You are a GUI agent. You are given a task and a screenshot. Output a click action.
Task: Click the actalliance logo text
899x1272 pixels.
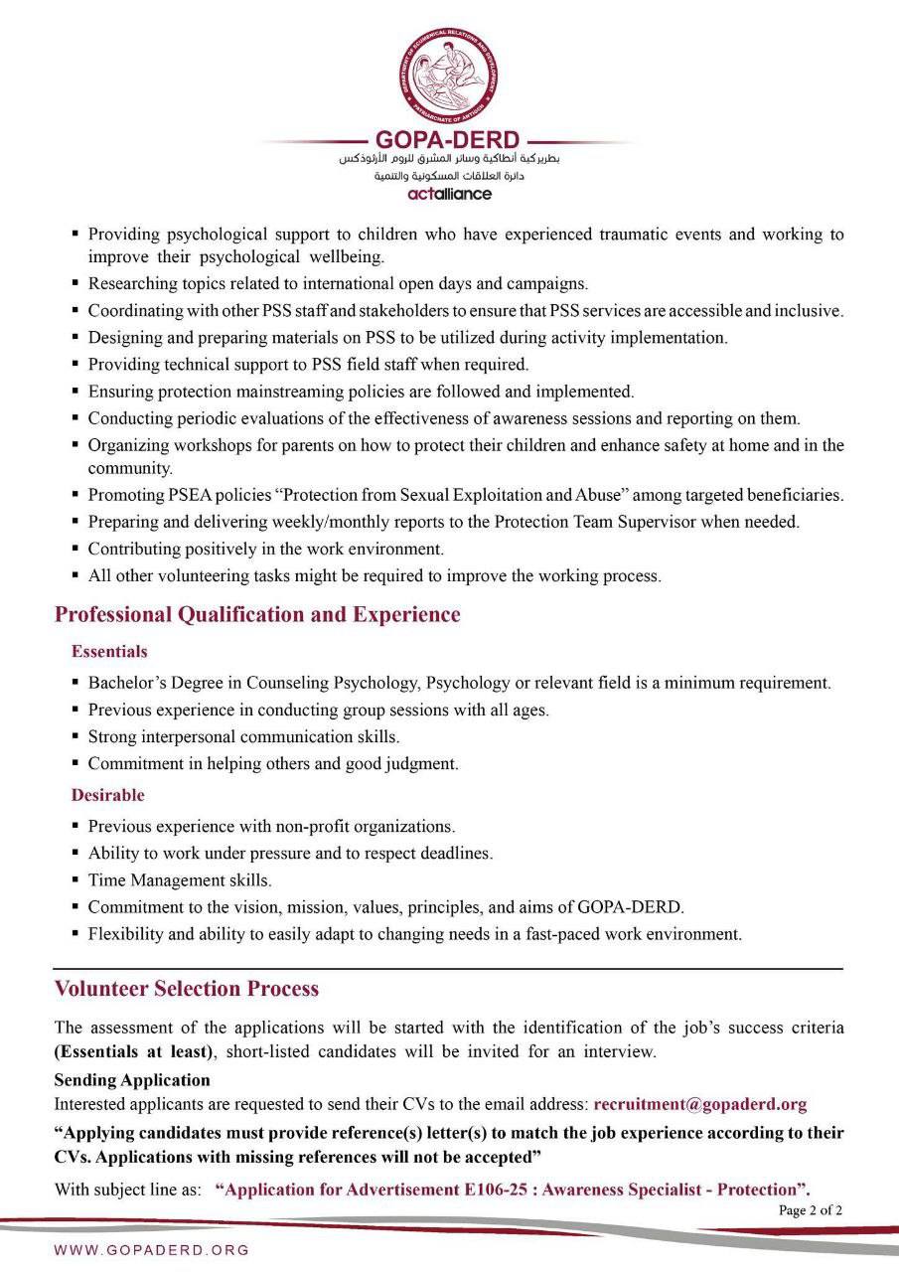coord(449,194)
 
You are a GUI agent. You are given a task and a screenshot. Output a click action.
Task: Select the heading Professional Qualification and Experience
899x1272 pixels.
coord(257,615)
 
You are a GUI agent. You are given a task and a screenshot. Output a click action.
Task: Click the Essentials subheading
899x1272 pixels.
coord(109,652)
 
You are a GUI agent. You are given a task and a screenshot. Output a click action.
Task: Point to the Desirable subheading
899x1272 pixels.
coord(107,795)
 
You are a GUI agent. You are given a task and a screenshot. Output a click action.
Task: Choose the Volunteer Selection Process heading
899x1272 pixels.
coord(187,989)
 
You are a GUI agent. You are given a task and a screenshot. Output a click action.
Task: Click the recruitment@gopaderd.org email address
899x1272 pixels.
coord(699,1104)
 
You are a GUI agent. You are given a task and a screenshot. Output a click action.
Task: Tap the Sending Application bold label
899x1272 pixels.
coord(132,1080)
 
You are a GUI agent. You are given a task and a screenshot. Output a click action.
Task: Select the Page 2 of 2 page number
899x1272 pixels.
coord(811,1210)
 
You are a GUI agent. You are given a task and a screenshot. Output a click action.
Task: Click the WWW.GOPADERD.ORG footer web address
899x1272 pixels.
coord(151,1250)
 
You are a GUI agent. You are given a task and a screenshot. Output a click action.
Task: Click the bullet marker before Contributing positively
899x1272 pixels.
coord(75,549)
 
